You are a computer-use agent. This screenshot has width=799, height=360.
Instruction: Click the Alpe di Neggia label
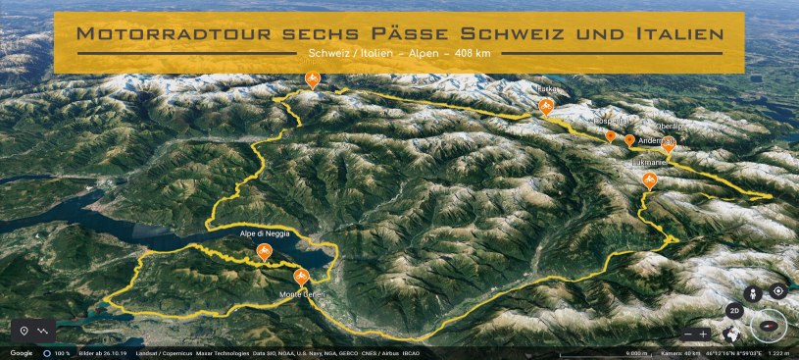pos(264,234)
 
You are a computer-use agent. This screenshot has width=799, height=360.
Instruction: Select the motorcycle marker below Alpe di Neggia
pos(264,253)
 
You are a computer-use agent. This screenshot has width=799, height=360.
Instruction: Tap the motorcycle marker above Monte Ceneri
pos(301,278)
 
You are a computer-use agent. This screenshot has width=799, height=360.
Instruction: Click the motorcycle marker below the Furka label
pos(546,106)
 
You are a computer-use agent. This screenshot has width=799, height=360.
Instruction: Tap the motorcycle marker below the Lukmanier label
pos(648,180)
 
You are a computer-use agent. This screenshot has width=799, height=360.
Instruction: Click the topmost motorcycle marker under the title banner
pos(312,79)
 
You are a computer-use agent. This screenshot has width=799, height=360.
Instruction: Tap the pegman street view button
pos(754,292)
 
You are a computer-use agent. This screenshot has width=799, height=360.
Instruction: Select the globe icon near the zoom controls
pos(730,334)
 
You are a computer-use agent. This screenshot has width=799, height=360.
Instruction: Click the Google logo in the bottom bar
pos(22,352)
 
